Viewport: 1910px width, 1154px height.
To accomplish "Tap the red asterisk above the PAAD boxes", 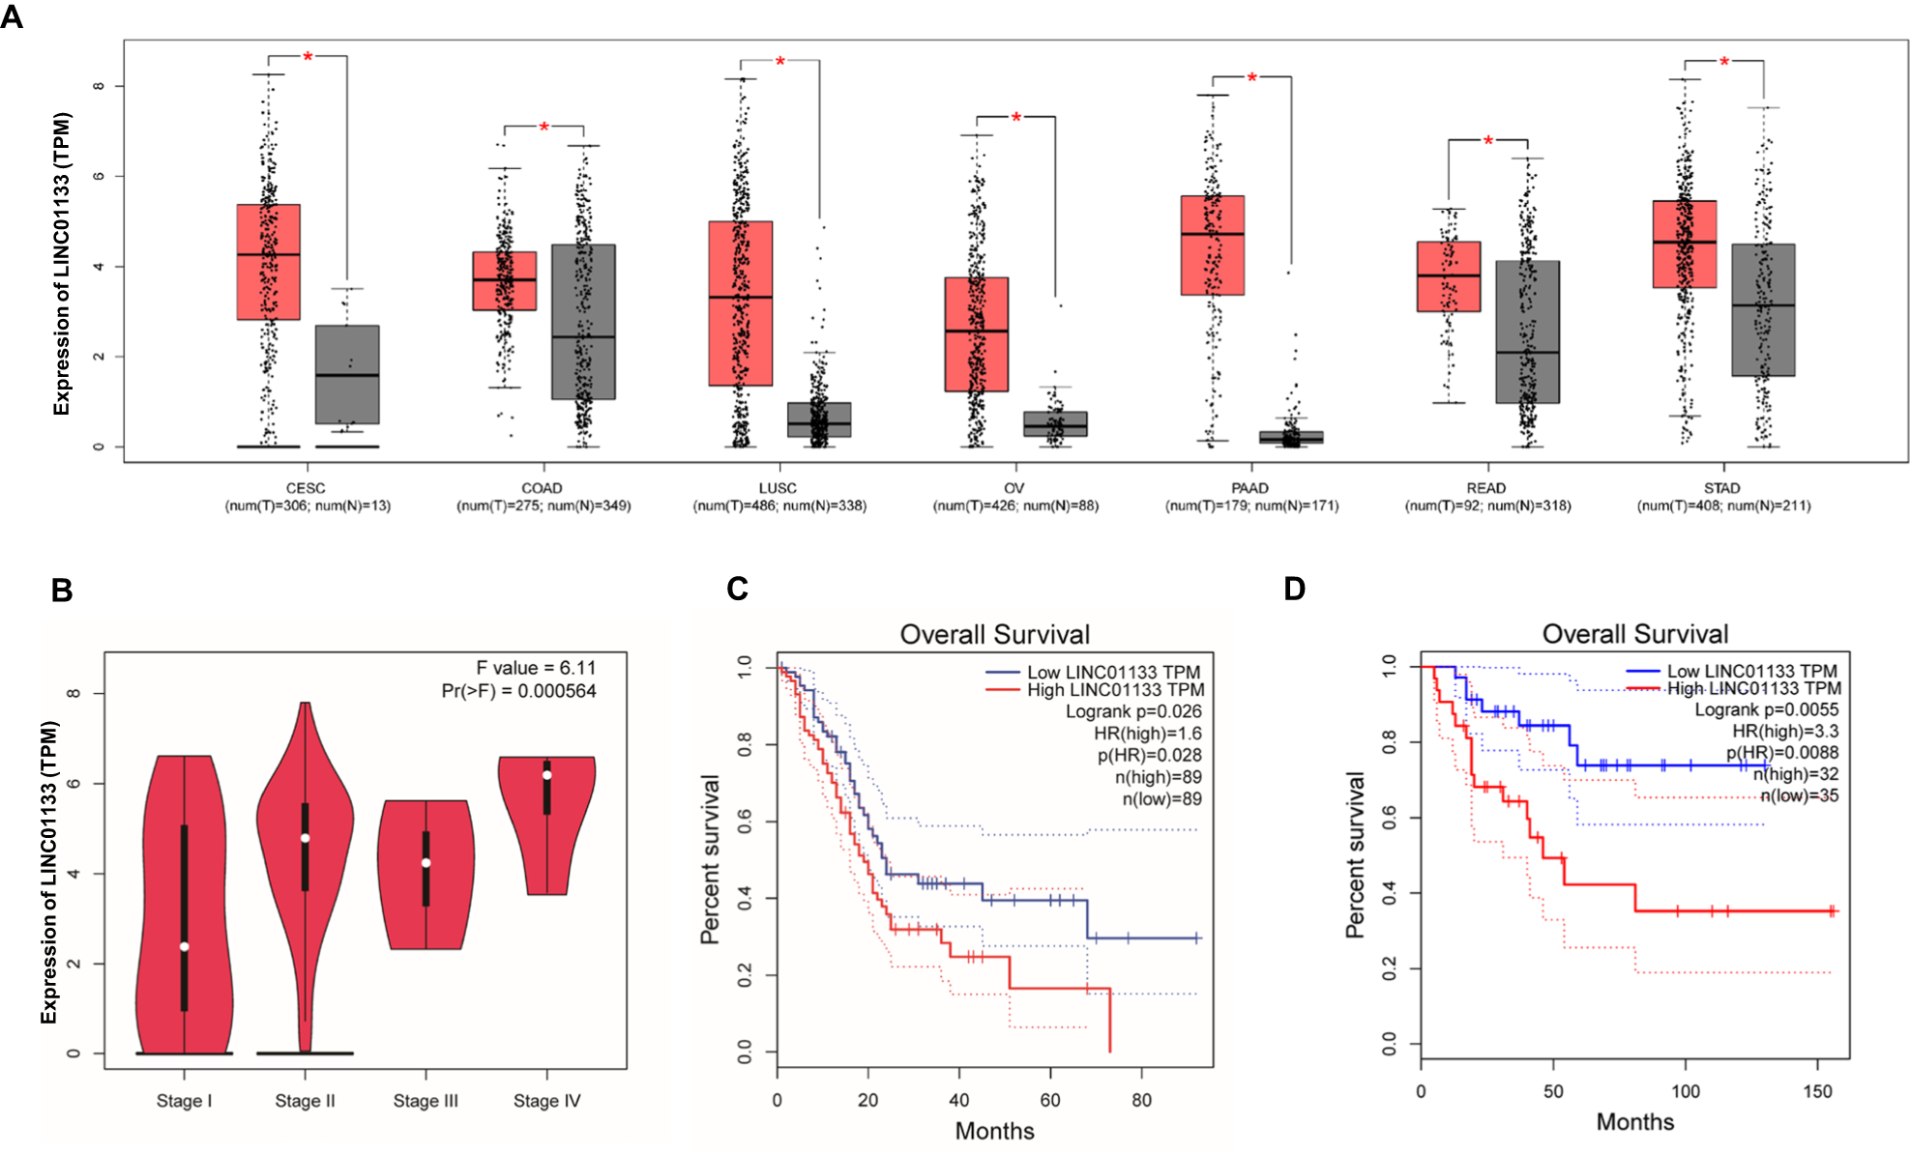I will (x=1251, y=77).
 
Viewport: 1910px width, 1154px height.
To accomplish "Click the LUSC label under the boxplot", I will (x=778, y=488).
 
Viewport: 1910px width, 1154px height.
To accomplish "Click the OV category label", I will (x=1014, y=488).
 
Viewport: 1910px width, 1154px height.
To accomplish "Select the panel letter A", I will (x=12, y=17).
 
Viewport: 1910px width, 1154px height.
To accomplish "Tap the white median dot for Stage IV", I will (x=546, y=775).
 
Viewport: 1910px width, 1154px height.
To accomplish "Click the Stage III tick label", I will (x=426, y=1101).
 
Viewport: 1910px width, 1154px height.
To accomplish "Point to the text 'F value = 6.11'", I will (x=536, y=668).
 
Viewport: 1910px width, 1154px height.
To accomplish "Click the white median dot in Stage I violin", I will (x=184, y=946).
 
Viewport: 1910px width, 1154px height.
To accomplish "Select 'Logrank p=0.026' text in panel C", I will (x=1133, y=711).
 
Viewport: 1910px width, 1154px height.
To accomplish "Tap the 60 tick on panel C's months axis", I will (x=1049, y=1100).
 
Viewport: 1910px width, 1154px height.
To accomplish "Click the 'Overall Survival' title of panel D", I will (x=1634, y=634).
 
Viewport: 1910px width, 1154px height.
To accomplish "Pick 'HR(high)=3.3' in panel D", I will (x=1785, y=731).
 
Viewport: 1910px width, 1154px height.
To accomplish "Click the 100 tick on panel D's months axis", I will (x=1685, y=1091).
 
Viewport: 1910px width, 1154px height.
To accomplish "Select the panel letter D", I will (x=1294, y=589).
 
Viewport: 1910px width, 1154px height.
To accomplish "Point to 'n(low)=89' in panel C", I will (x=1161, y=799).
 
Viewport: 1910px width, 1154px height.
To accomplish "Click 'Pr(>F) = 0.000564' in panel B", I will (x=518, y=691).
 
